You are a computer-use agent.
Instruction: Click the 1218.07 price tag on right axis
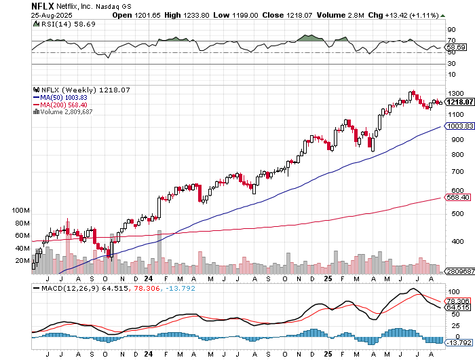pos(459,102)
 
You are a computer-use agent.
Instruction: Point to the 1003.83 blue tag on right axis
pos(459,126)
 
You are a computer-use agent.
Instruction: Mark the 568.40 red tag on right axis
pos(459,198)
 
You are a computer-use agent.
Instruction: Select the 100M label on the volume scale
pos(21,211)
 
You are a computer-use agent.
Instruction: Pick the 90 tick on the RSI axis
pos(450,29)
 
